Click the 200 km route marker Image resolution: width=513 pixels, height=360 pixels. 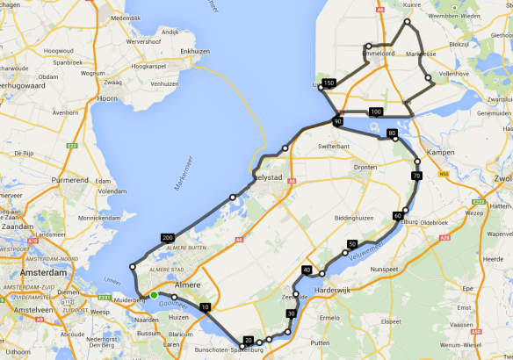(167, 238)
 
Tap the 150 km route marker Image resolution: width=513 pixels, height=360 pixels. (329, 83)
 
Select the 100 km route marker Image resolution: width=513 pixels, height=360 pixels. (376, 112)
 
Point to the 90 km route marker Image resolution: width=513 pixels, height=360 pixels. (337, 121)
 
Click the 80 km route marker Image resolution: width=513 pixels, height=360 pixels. (392, 133)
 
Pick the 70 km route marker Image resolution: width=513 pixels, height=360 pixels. (416, 176)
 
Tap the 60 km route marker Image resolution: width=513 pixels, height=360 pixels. (398, 215)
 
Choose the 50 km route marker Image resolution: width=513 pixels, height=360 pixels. (352, 244)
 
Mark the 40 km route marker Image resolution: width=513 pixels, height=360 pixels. (307, 270)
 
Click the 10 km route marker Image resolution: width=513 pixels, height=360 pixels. (205, 307)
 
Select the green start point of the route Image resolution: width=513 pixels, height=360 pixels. (154, 295)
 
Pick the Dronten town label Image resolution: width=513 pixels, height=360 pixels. (365, 166)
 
